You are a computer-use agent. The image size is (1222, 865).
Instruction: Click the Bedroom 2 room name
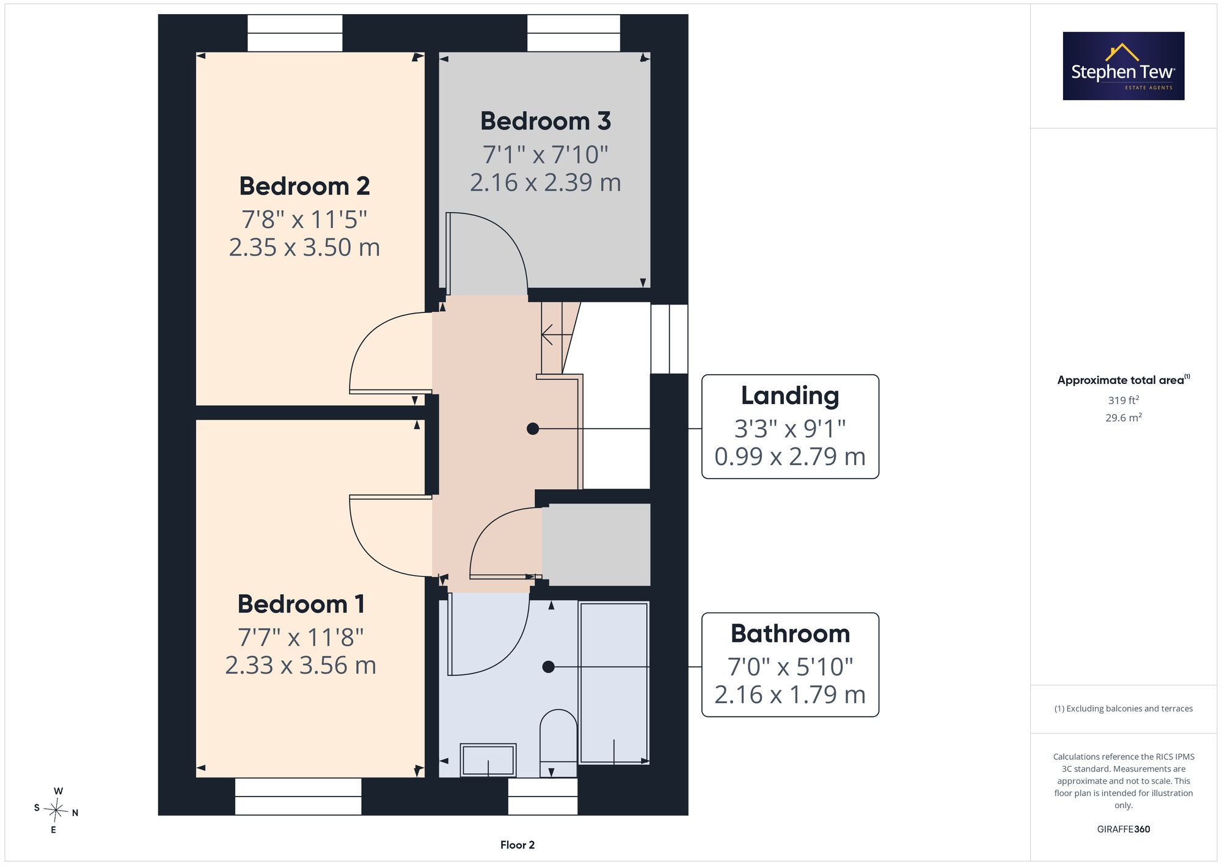coord(304,186)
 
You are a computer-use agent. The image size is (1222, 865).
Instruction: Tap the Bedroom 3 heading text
coord(546,121)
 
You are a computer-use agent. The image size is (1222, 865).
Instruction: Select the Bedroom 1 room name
coord(301,604)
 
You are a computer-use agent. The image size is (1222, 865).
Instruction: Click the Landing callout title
coord(790,396)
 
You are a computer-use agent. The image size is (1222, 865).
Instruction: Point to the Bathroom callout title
coord(790,633)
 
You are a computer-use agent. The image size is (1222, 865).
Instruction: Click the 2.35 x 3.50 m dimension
coord(304,247)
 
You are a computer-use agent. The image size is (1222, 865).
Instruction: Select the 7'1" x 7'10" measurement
coord(546,154)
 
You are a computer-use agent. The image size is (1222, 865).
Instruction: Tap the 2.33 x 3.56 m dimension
coord(301,665)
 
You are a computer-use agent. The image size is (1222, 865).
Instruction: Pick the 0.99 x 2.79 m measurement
coord(790,457)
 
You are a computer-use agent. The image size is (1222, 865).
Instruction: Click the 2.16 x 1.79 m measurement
coord(790,694)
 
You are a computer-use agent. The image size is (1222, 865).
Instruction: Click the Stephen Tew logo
coord(1124,66)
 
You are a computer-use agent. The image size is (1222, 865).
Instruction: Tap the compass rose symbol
coord(56,811)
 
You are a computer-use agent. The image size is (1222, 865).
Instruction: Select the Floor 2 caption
coord(518,845)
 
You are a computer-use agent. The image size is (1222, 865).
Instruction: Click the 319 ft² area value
coord(1124,400)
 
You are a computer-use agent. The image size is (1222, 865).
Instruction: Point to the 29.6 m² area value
coord(1124,418)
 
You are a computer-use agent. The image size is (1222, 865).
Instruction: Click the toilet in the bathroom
coord(558,743)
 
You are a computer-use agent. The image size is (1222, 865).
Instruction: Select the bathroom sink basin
coord(488,760)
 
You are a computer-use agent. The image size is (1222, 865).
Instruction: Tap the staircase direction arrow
coord(557,335)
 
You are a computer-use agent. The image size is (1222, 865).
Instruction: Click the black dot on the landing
coord(533,429)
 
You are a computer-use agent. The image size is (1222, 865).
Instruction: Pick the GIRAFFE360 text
coord(1124,829)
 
